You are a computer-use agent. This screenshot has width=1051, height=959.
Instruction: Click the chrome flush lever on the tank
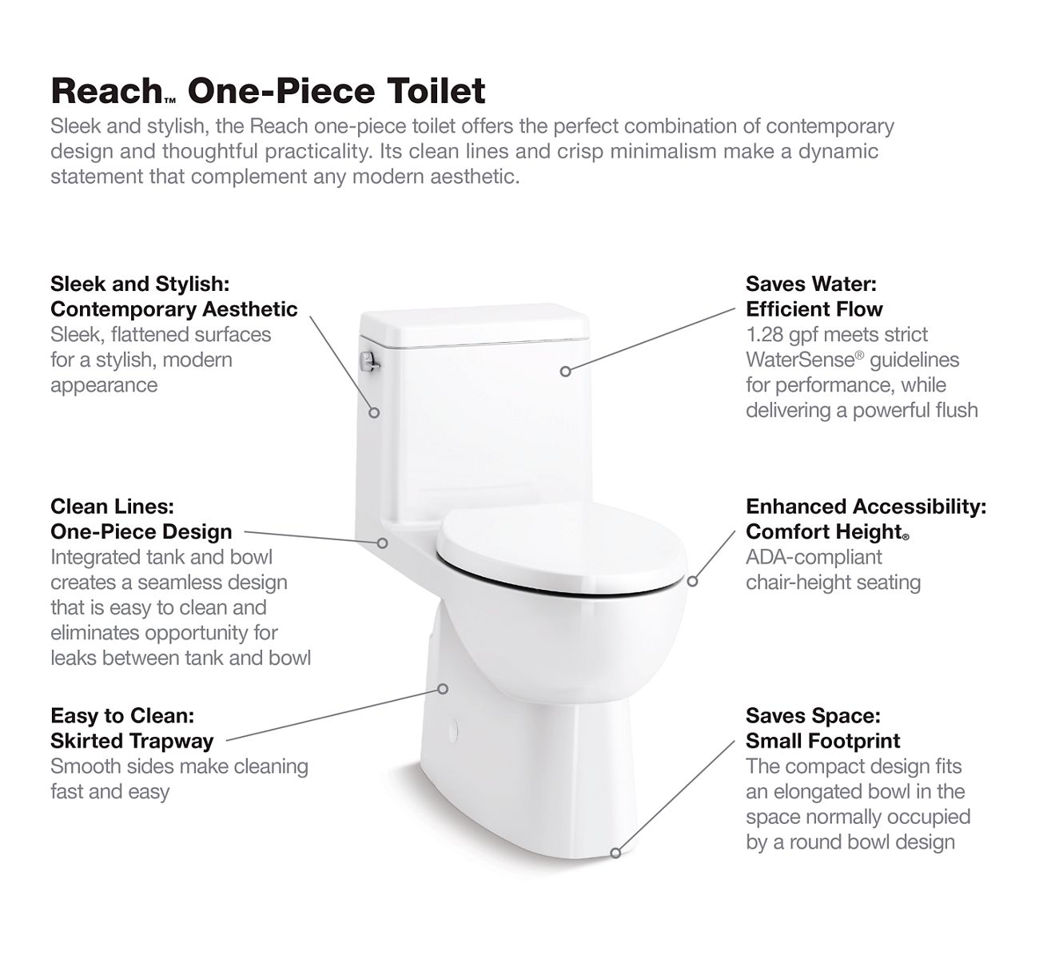pyautogui.click(x=369, y=361)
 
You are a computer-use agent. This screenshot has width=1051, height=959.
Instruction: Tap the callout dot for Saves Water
pyautogui.click(x=565, y=372)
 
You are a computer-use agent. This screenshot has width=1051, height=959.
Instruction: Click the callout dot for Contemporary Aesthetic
pyautogui.click(x=374, y=412)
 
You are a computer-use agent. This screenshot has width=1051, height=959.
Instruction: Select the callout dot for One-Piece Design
pyautogui.click(x=383, y=543)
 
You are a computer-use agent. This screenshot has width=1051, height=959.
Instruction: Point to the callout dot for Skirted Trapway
pyautogui.click(x=444, y=689)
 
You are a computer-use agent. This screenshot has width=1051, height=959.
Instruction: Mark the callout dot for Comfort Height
pyautogui.click(x=693, y=581)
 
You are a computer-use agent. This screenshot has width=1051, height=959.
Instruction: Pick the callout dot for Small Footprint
pyautogui.click(x=616, y=854)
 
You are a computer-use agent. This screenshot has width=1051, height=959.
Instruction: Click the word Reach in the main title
pyautogui.click(x=107, y=90)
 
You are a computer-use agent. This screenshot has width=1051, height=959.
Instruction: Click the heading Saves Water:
pyautogui.click(x=811, y=284)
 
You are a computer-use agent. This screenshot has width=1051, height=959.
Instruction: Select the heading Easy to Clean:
pyautogui.click(x=122, y=715)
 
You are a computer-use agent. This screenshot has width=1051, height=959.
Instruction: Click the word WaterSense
pyautogui.click(x=801, y=360)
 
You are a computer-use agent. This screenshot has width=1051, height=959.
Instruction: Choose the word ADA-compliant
pyautogui.click(x=814, y=557)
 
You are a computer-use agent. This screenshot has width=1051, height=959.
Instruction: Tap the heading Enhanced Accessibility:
pyautogui.click(x=866, y=506)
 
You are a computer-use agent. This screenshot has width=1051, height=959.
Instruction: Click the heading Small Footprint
pyautogui.click(x=822, y=741)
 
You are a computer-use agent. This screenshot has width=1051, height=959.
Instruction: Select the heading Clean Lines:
pyautogui.click(x=112, y=506)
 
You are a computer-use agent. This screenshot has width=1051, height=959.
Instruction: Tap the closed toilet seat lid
pyautogui.click(x=561, y=548)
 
